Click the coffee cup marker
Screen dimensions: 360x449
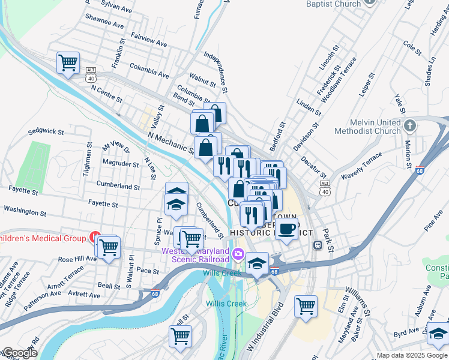point(288,228)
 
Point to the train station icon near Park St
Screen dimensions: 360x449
point(316,245)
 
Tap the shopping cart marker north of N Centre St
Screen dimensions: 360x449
point(68,62)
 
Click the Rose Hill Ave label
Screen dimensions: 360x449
point(77,259)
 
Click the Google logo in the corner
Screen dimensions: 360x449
point(19,353)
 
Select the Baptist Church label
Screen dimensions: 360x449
point(333,4)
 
